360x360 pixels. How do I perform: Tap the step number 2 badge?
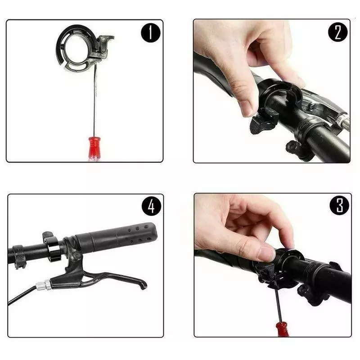click(338, 32)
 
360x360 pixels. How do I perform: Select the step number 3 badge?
click(339, 206)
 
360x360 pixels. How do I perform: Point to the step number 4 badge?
click(151, 206)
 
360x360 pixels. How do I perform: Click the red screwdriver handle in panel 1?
click(94, 149)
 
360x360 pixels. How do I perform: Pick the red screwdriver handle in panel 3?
click(282, 329)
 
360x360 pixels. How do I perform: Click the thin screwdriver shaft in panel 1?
click(94, 100)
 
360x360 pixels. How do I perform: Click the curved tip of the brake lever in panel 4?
click(144, 285)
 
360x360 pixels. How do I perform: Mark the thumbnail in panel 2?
click(246, 108)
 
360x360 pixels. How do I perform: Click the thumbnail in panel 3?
click(266, 254)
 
